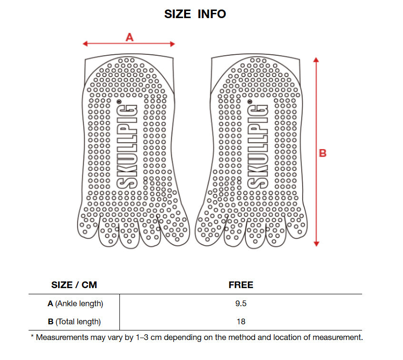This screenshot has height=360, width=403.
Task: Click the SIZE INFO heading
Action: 195,14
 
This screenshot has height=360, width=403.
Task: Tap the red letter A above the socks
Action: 129,37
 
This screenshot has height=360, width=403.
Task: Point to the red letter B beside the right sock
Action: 322,153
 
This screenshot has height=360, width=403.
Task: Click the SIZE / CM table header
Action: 74,285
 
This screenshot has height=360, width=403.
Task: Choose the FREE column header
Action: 241,285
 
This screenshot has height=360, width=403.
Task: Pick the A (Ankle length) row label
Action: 75,303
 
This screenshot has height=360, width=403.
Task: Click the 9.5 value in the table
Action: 241,303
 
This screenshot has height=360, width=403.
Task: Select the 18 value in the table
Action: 241,321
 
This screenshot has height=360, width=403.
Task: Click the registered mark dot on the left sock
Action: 118,101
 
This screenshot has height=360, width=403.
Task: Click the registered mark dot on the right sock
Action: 249,101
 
